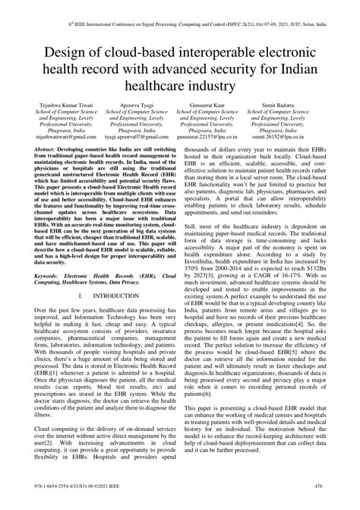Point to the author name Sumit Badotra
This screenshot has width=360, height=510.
(304, 122)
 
